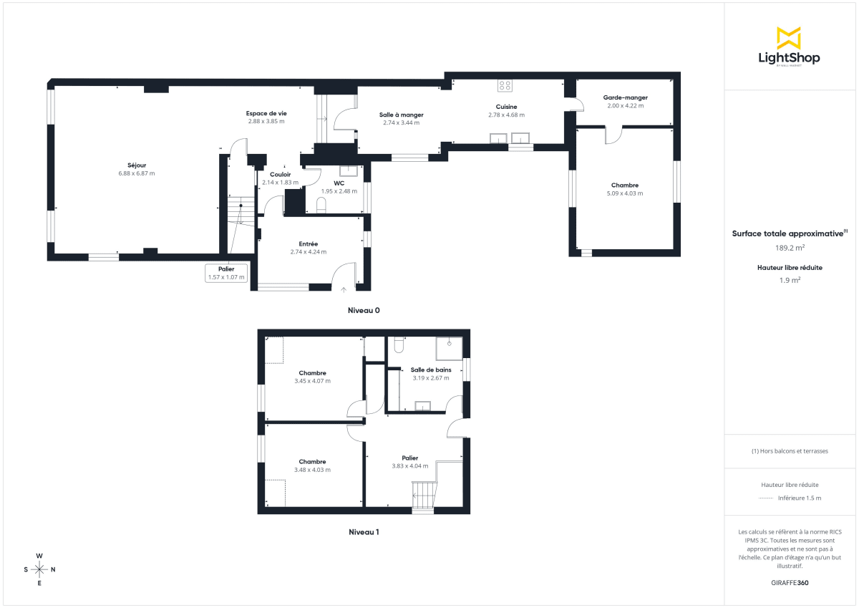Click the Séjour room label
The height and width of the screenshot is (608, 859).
pyautogui.click(x=137, y=165)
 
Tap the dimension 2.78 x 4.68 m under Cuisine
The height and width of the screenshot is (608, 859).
pyautogui.click(x=506, y=115)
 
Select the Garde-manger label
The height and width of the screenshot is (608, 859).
pyautogui.click(x=625, y=97)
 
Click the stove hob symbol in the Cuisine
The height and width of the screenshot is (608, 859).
pyautogui.click(x=505, y=85)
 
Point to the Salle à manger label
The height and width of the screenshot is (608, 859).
pyautogui.click(x=401, y=115)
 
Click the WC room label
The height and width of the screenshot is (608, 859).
pyautogui.click(x=339, y=183)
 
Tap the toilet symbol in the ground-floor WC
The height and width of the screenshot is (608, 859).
pyautogui.click(x=321, y=206)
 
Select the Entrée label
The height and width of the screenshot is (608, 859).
pyautogui.click(x=308, y=243)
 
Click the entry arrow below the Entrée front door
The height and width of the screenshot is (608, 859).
pyautogui.click(x=344, y=289)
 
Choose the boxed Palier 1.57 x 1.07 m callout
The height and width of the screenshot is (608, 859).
pyautogui.click(x=226, y=273)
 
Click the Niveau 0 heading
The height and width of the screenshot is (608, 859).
pyautogui.click(x=364, y=311)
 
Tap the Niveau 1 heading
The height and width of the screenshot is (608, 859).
pyautogui.click(x=364, y=532)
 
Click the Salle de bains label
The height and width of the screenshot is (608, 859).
pyautogui.click(x=431, y=370)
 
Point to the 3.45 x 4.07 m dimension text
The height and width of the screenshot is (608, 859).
pyautogui.click(x=313, y=381)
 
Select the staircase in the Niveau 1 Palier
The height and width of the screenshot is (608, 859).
pyautogui.click(x=424, y=495)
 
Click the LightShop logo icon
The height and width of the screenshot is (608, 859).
pyautogui.click(x=788, y=38)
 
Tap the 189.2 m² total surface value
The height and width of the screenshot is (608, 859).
pyautogui.click(x=790, y=248)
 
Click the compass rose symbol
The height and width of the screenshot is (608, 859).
pyautogui.click(x=39, y=569)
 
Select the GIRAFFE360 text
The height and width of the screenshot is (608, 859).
pyautogui.click(x=790, y=583)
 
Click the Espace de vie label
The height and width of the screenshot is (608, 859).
pyautogui.click(x=266, y=113)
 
